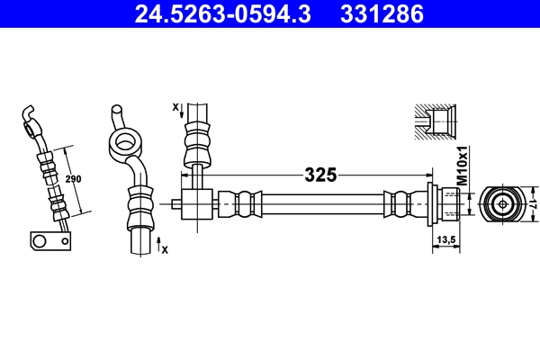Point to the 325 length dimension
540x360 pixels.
click(x=319, y=175)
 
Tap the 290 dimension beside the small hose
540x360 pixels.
click(x=74, y=179)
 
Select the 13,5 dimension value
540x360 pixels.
click(x=445, y=239)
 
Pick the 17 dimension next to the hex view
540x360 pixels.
click(x=532, y=202)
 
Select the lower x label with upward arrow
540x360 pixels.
click(x=163, y=245)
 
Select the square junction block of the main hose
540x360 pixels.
click(x=196, y=202)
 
